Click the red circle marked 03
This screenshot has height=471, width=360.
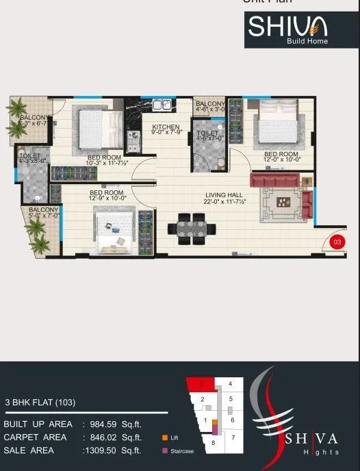[x=337, y=241]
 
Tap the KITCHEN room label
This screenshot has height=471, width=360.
[x=166, y=129]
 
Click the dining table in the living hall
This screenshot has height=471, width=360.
[x=191, y=228]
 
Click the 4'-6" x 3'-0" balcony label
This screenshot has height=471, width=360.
[x=210, y=106]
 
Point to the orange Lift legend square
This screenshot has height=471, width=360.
[x=164, y=437]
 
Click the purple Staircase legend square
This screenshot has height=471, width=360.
[x=164, y=450]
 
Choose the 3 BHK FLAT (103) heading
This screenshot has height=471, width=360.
[x=40, y=403]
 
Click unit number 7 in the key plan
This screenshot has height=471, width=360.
[x=233, y=437]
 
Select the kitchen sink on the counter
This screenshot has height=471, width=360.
[x=162, y=105]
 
